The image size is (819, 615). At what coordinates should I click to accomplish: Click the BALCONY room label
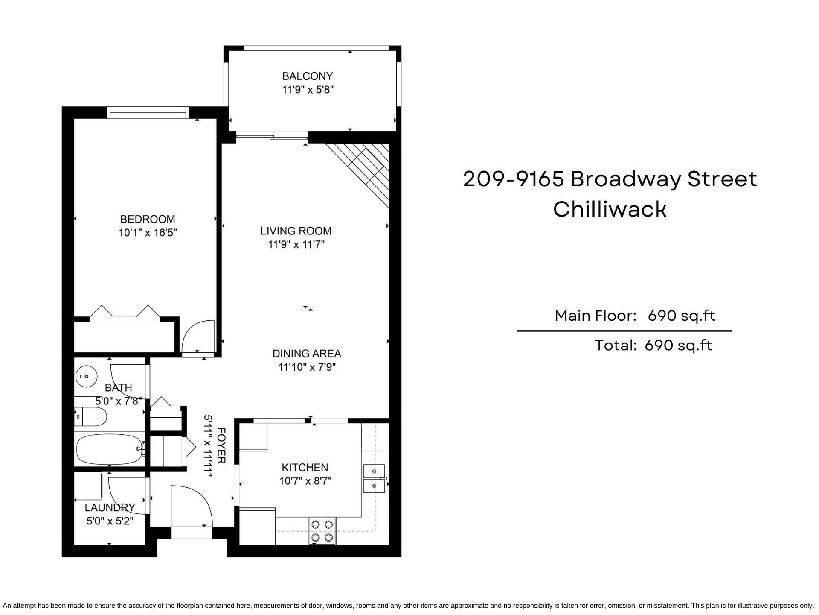click(x=307, y=76)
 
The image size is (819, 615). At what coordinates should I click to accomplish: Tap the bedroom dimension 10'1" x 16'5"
click(x=148, y=233)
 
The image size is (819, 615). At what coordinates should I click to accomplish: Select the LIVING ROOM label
click(x=296, y=231)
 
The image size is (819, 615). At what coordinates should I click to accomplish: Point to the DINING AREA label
click(x=307, y=354)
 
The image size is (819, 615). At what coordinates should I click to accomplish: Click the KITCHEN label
click(x=305, y=468)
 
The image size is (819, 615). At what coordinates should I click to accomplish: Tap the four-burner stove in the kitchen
click(x=322, y=531)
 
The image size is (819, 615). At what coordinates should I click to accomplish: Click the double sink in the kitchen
click(x=374, y=479)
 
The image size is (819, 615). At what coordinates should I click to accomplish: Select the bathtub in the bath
click(x=110, y=449)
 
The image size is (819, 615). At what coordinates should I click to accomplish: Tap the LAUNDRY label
click(x=110, y=507)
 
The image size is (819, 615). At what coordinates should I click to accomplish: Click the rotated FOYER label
click(x=221, y=445)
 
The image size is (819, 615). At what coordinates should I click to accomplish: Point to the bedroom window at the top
click(x=148, y=112)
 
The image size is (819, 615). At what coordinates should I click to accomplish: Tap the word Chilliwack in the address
click(x=610, y=209)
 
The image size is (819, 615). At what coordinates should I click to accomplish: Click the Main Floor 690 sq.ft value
click(x=681, y=316)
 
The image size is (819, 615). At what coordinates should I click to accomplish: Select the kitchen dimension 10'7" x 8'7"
click(x=305, y=481)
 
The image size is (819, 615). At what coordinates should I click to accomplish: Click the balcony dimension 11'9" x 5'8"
click(x=308, y=90)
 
